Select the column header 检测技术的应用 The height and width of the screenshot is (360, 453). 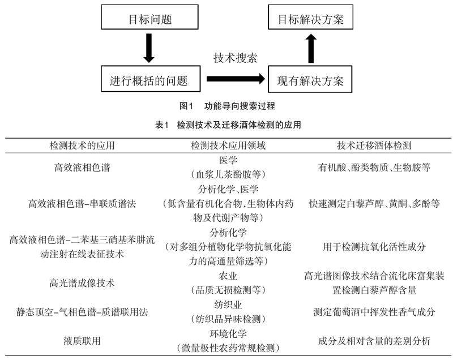83,145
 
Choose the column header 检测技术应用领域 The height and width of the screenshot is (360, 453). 228,145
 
